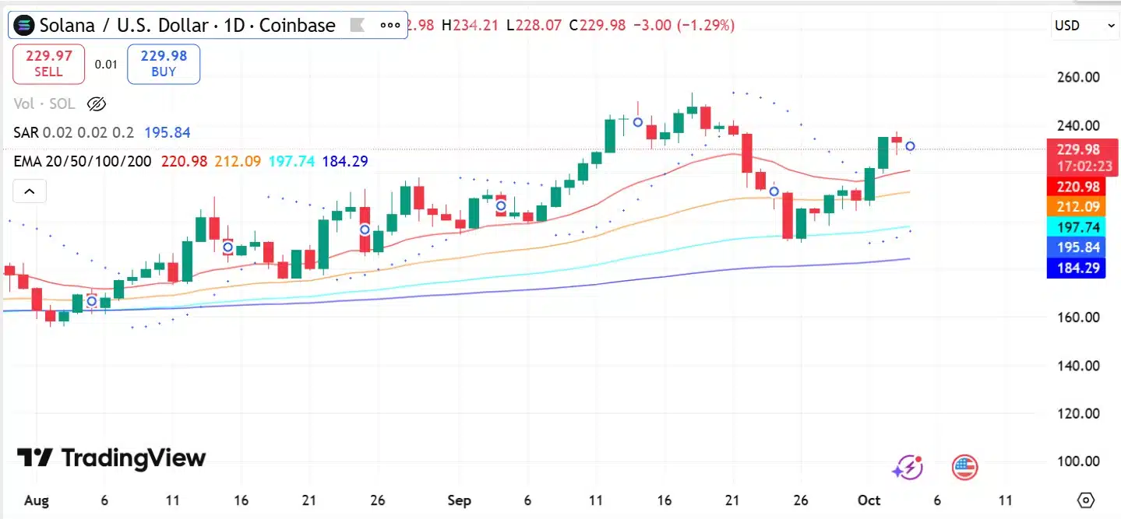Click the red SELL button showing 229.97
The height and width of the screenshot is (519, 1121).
[48, 64]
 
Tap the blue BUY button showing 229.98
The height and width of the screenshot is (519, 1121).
[164, 64]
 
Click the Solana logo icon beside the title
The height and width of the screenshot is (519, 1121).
[24, 26]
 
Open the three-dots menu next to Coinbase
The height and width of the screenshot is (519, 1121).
[390, 26]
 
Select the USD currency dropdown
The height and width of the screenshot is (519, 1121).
[1084, 26]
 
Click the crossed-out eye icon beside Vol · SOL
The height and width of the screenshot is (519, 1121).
[96, 104]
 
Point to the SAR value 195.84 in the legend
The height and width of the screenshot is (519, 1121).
[167, 132]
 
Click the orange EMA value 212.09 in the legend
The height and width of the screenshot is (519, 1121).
[238, 161]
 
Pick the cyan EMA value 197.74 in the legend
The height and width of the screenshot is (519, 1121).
[292, 161]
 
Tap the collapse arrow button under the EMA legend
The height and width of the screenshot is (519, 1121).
[30, 191]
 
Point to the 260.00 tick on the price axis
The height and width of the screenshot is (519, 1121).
[1078, 77]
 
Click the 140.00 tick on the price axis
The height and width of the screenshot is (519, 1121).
[1078, 366]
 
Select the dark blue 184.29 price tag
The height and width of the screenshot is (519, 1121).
[1076, 268]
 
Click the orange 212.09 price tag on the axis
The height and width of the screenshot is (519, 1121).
[1076, 206]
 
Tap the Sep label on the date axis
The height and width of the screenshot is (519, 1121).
[460, 500]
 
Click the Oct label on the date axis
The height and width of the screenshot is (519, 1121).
[869, 500]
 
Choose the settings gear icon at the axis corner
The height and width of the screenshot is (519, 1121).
[1085, 500]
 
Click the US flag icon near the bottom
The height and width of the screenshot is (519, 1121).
[964, 468]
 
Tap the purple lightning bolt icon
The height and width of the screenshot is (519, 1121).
[908, 468]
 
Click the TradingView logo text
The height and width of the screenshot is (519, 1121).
[111, 458]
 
